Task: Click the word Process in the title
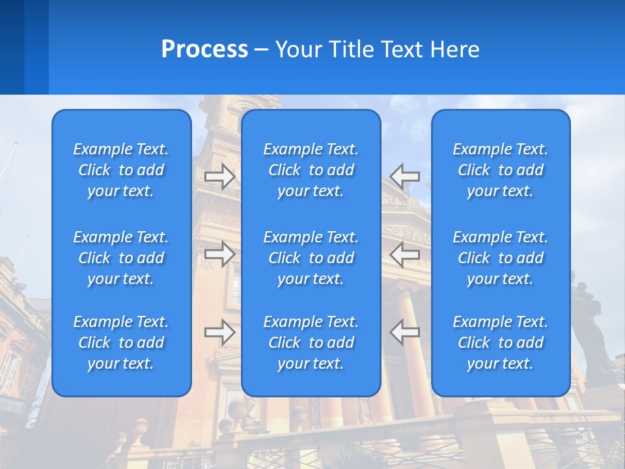tap(204, 50)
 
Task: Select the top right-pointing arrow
tap(220, 177)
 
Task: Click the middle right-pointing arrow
tap(220, 255)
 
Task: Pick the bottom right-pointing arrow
tap(220, 332)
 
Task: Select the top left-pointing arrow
tap(405, 177)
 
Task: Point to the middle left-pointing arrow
tap(405, 255)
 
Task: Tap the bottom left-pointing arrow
tap(405, 332)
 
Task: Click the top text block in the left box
tap(121, 170)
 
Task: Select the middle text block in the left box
tap(121, 258)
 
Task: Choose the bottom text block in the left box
tap(121, 343)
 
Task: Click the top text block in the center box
tap(311, 170)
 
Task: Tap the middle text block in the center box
tap(311, 258)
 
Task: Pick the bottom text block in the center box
tap(311, 343)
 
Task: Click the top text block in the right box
tap(501, 170)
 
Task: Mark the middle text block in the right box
tap(501, 258)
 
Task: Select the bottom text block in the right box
tap(501, 343)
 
